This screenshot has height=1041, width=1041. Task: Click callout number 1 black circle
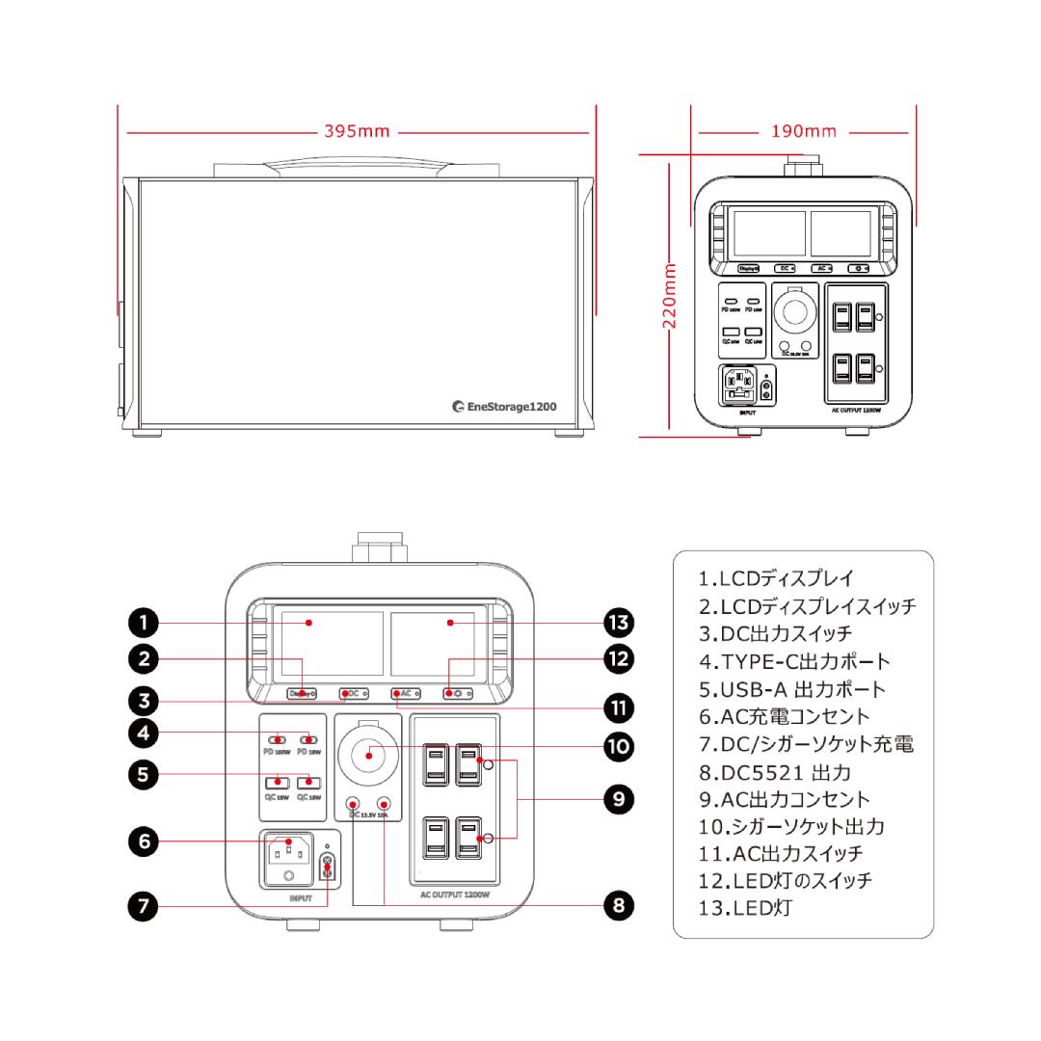(143, 622)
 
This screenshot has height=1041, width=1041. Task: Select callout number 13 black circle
(617, 622)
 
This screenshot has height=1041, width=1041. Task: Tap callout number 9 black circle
(617, 799)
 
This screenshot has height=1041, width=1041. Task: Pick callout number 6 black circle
(143, 841)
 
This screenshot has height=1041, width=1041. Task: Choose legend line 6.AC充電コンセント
(783, 716)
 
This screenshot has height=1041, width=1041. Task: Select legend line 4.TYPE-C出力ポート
(793, 661)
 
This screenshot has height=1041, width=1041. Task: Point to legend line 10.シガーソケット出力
(792, 826)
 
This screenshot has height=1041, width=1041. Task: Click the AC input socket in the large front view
(288, 851)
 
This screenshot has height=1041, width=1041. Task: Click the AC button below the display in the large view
(404, 693)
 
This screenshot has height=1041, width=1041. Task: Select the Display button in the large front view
(302, 693)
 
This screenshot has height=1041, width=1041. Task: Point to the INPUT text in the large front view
(300, 897)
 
